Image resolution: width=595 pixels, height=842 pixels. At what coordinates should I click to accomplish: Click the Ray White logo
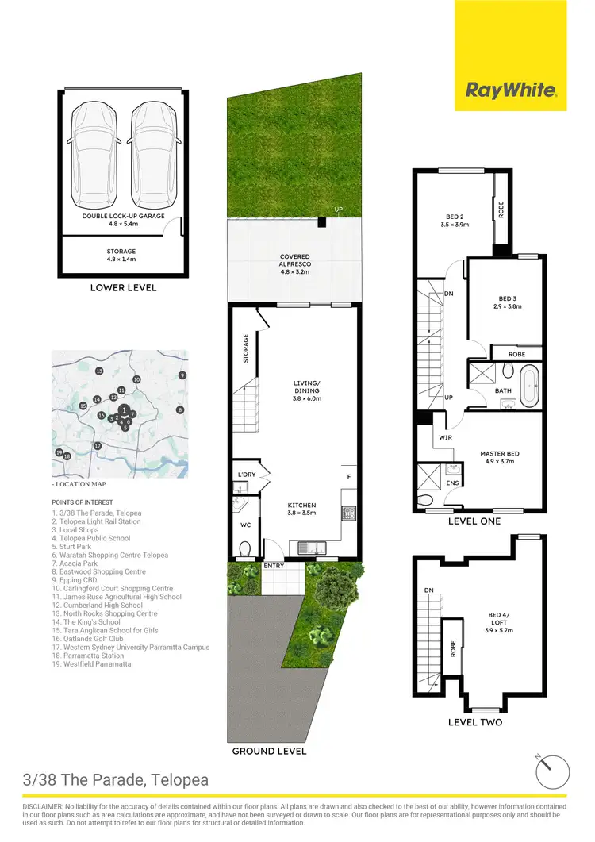(510, 90)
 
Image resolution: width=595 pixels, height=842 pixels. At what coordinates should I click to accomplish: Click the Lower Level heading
(125, 287)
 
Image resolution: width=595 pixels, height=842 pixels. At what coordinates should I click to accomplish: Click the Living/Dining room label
(305, 389)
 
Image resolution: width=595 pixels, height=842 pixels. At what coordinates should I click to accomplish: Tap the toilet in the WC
(245, 548)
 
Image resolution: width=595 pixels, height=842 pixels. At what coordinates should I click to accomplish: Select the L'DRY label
(244, 475)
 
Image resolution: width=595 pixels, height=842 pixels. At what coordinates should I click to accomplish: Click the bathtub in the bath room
(529, 385)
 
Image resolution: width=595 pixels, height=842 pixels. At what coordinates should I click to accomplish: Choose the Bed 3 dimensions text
(505, 306)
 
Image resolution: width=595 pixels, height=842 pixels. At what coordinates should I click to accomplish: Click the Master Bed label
(498, 454)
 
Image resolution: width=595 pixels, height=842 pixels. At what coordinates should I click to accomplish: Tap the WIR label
(445, 437)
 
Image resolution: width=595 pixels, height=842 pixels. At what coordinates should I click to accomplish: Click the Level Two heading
(474, 722)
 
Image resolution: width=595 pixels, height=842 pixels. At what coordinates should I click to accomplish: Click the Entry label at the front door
(274, 566)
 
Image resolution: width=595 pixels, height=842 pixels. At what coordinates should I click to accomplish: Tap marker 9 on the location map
(182, 375)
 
